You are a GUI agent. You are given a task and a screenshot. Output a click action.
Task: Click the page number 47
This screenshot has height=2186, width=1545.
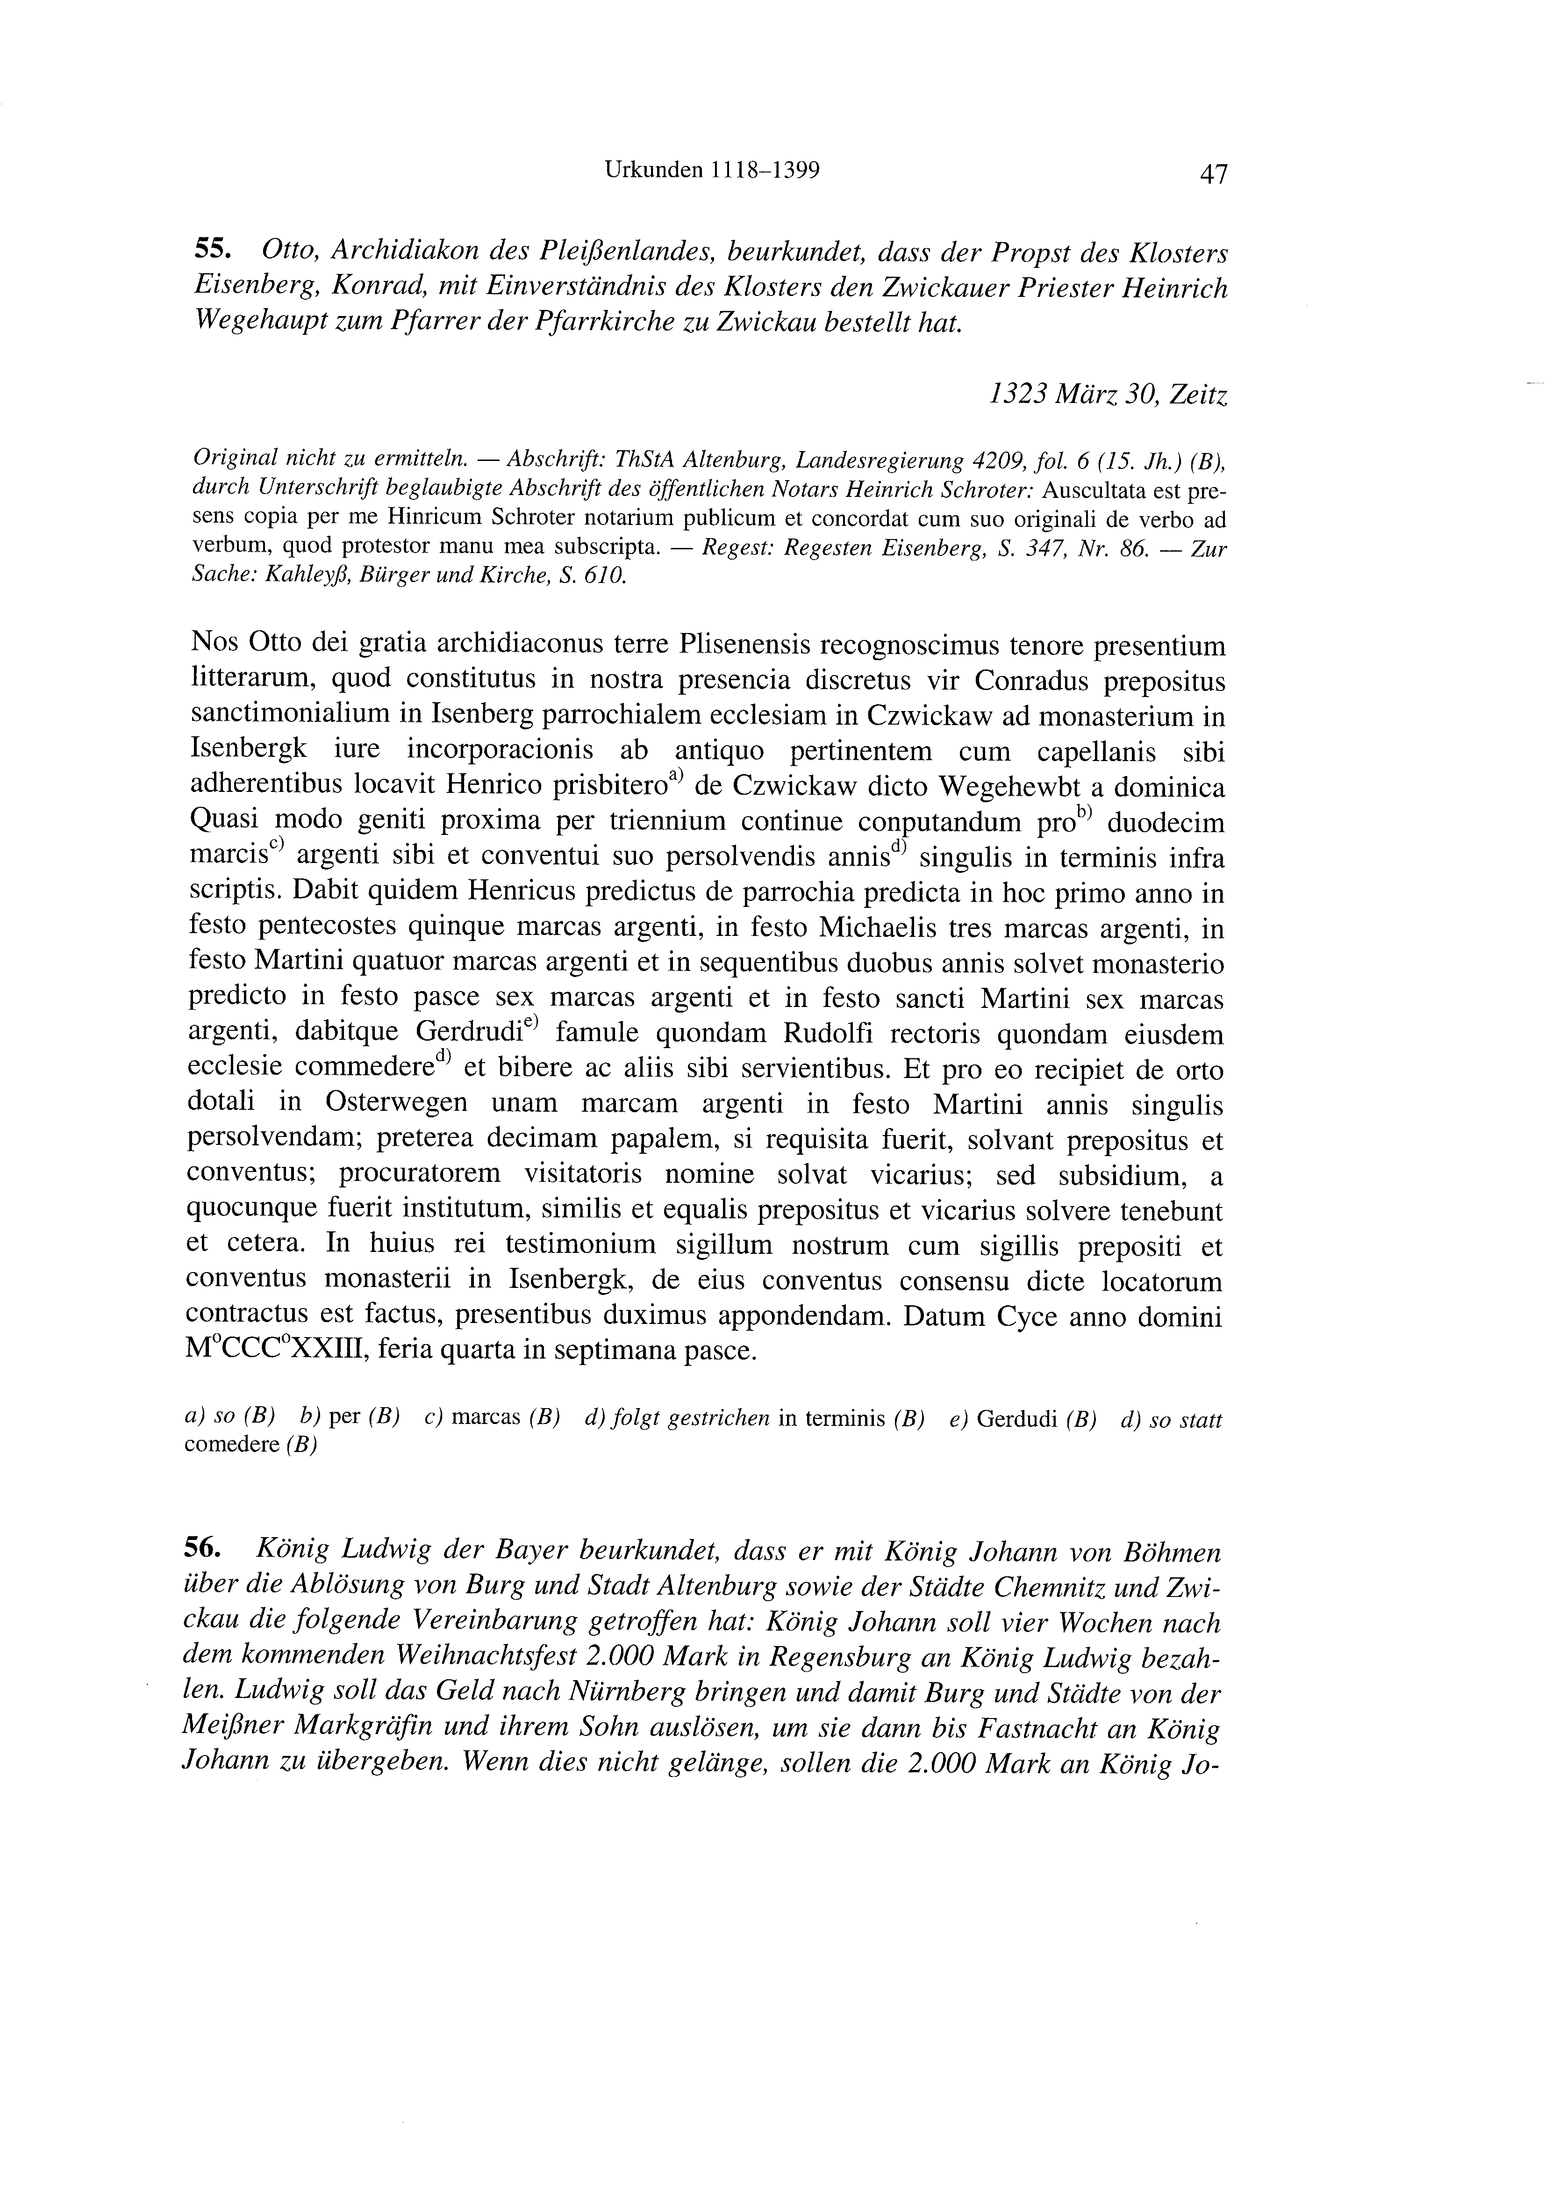[x=1214, y=174]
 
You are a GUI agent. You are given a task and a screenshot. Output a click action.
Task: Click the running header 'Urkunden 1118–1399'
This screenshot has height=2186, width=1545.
[x=712, y=171]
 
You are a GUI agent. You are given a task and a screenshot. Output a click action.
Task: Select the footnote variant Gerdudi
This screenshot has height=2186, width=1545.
[x=1018, y=1420]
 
